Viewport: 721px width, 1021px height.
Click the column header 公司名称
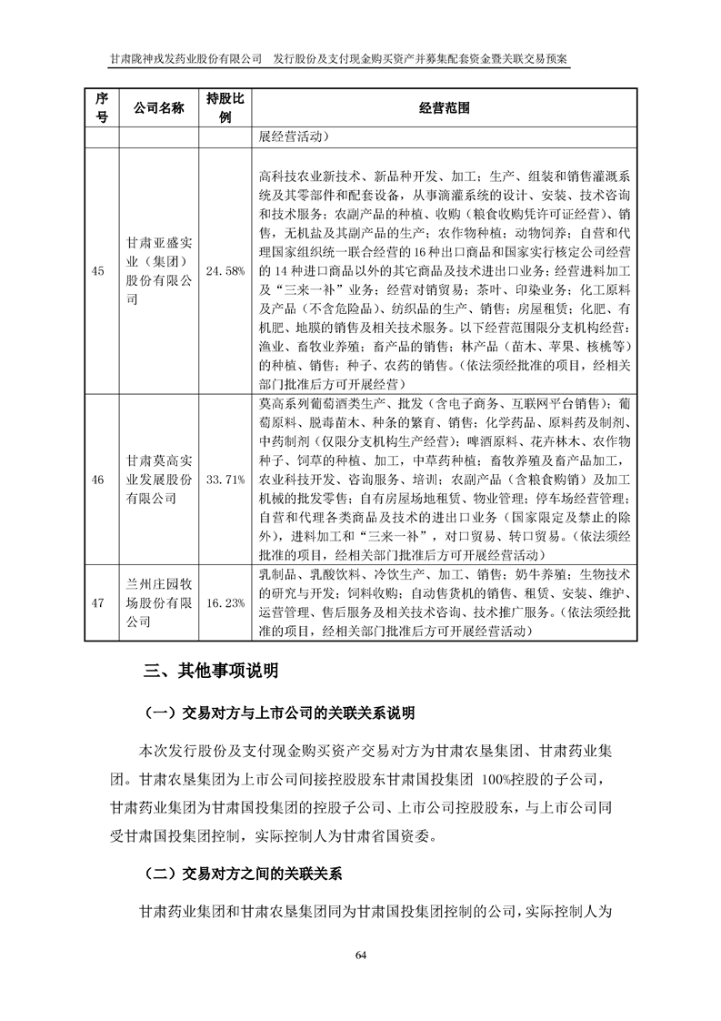tap(159, 107)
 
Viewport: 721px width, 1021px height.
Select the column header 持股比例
tap(224, 107)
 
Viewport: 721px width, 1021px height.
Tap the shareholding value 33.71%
tap(224, 479)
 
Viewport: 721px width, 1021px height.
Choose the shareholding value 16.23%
tap(224, 602)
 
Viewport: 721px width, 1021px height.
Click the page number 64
tap(360, 954)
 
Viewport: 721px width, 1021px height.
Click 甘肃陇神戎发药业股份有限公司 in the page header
tap(185, 57)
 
